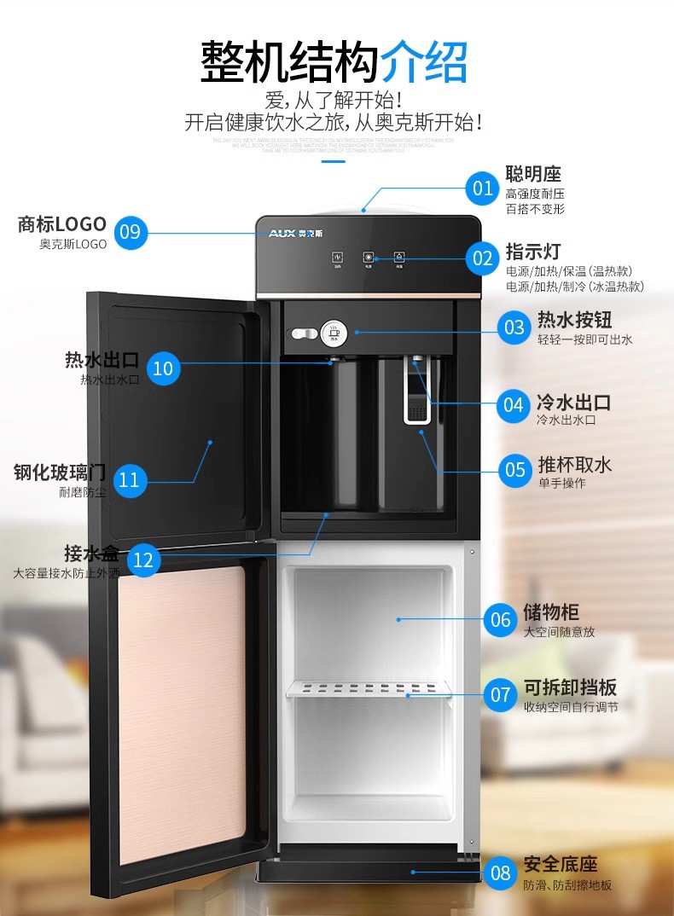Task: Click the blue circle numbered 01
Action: point(483,188)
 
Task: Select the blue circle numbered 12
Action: point(143,559)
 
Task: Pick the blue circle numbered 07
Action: point(500,695)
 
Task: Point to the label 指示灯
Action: point(533,252)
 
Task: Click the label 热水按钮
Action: point(574,321)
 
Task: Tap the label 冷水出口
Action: point(573,403)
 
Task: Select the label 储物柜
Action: point(551,612)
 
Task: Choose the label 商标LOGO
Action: point(62,224)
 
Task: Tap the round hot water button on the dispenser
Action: point(332,332)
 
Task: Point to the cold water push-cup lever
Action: point(415,401)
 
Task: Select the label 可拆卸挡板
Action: point(570,687)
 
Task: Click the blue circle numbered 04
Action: point(514,404)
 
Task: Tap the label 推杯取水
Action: point(574,465)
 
